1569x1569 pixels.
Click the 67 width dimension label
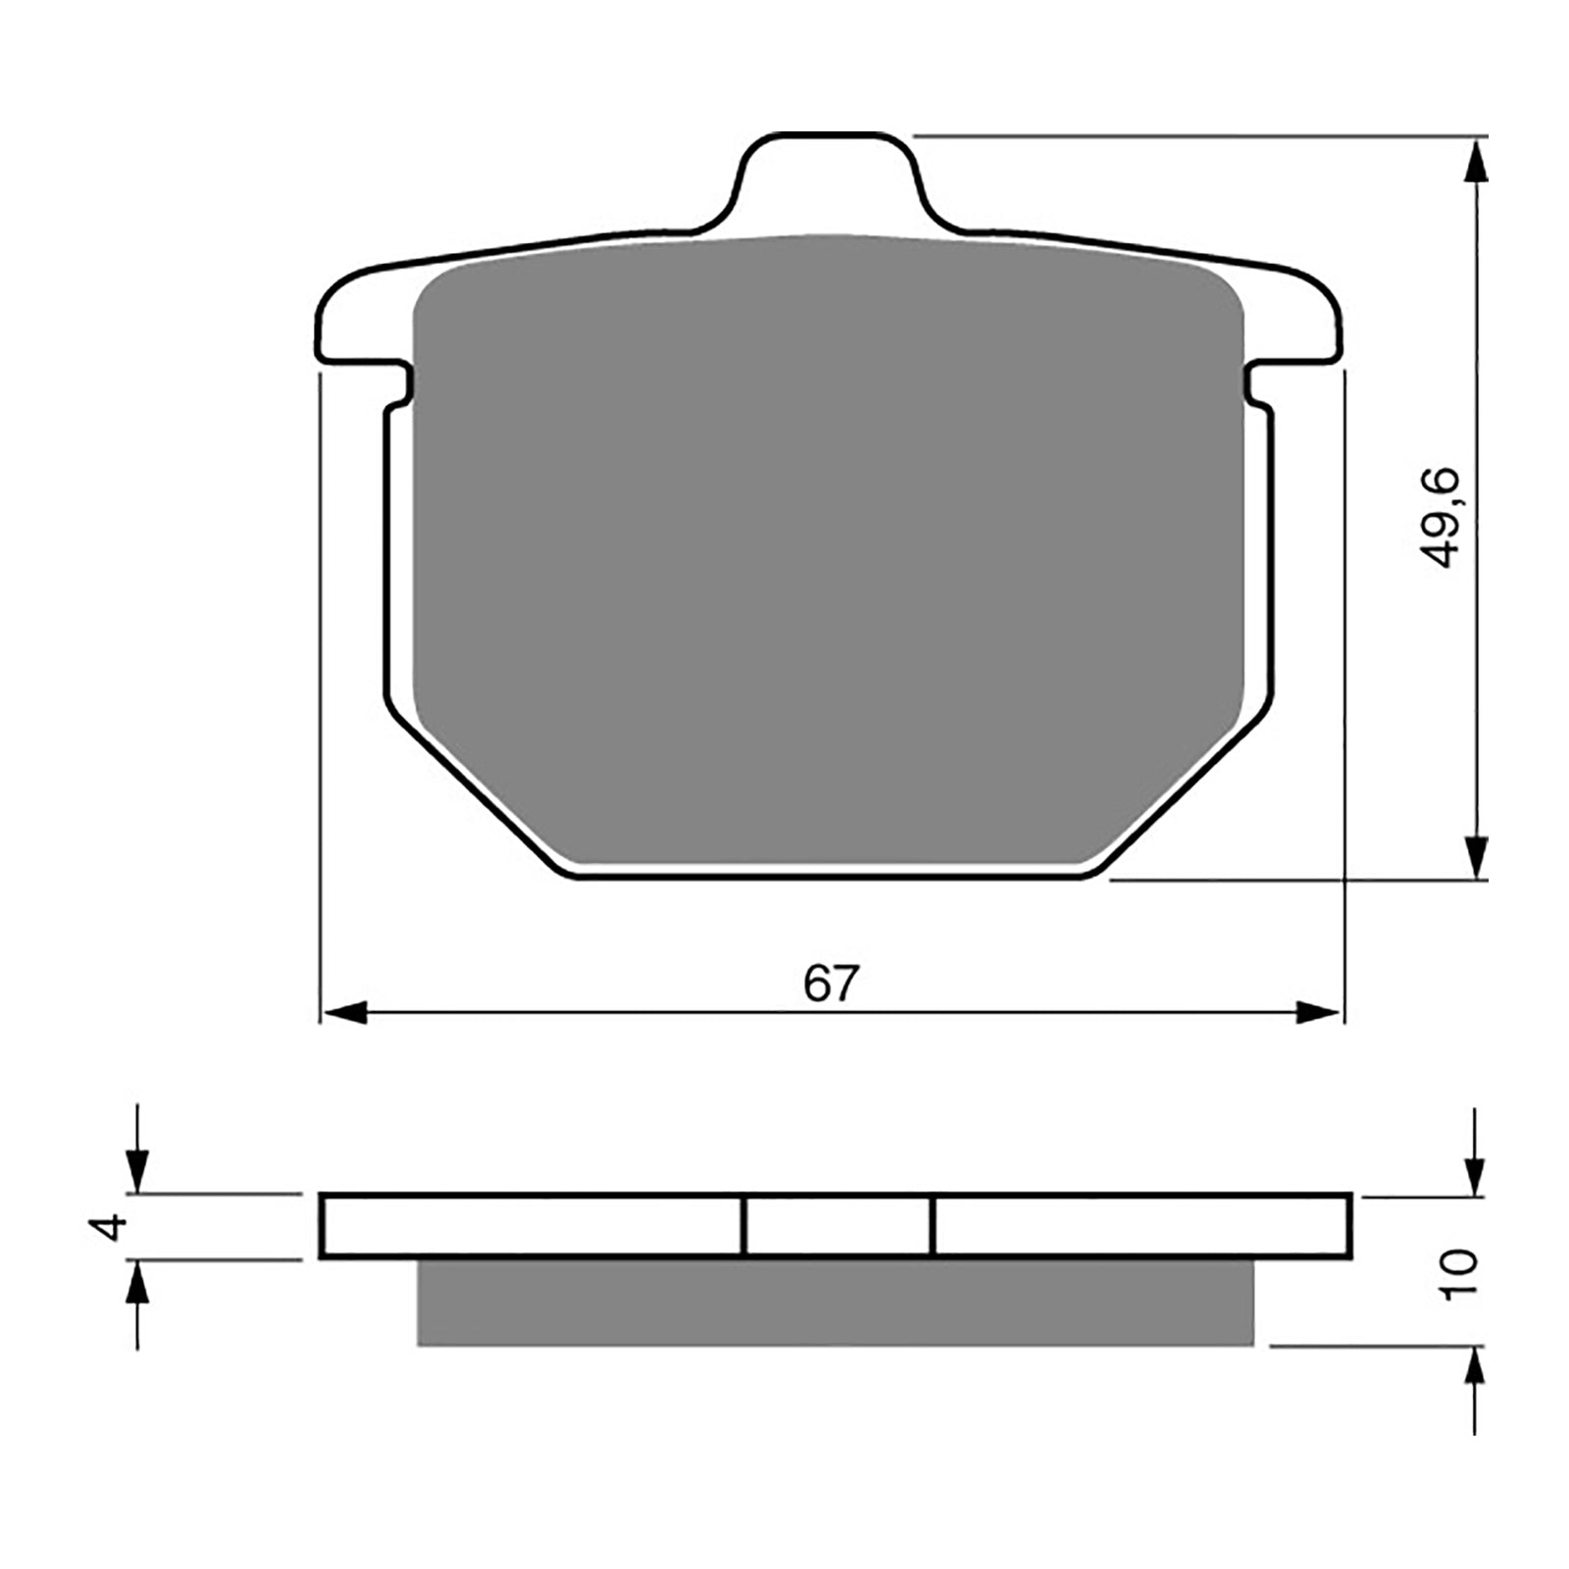(831, 984)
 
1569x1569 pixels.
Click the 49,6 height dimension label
(1441, 519)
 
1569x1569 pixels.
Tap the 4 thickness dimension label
(116, 1226)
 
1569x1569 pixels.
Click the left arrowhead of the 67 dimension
(344, 1013)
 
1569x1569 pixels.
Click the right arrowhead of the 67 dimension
(1318, 1013)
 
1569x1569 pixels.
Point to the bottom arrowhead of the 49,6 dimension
(1474, 858)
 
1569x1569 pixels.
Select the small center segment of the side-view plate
(836, 1226)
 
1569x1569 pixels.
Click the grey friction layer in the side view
(835, 1302)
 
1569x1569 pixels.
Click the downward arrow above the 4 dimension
(137, 1167)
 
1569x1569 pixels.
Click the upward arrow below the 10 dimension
(1474, 1373)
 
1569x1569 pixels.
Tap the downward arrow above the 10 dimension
(1474, 1172)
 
